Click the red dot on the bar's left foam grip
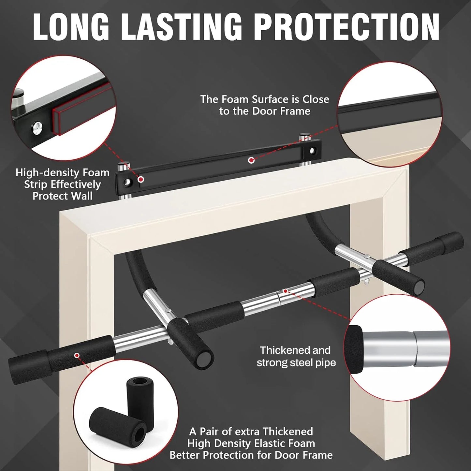coord(77,355)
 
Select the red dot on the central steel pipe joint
coord(286,291)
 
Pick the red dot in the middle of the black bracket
coord(251,160)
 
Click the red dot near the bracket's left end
coord(141,179)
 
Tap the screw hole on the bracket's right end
coord(312,151)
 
